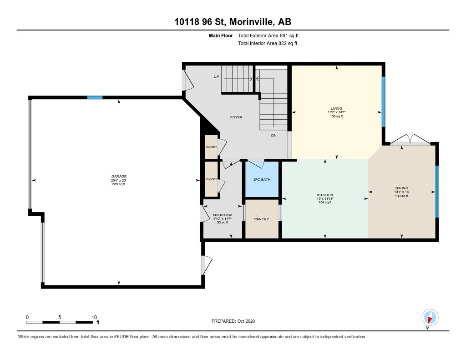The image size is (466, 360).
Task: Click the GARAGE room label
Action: click(x=119, y=176)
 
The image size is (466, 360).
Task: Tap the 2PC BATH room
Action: click(x=262, y=179)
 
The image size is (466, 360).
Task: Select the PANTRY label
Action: click(x=262, y=219)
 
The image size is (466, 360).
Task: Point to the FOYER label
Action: click(x=236, y=117)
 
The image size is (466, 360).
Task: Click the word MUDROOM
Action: click(x=223, y=215)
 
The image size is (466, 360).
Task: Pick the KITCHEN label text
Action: click(x=325, y=195)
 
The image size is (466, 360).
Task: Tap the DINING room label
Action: click(x=402, y=188)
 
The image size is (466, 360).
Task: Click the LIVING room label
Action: click(x=336, y=108)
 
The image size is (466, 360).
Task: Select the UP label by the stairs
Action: click(x=216, y=77)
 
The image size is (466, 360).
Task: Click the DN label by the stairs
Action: click(x=274, y=135)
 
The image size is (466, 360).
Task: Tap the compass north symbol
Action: click(x=430, y=318)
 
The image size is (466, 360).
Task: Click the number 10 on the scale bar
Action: click(x=94, y=317)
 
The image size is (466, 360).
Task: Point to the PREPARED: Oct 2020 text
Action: click(x=233, y=321)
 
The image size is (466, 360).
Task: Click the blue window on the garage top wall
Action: click(x=95, y=97)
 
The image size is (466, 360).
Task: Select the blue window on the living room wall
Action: click(x=383, y=101)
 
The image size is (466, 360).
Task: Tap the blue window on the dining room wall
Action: click(x=437, y=192)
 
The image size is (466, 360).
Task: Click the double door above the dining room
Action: click(x=410, y=140)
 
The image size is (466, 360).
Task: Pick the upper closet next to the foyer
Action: click(x=211, y=147)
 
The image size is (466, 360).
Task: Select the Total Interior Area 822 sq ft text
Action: click(x=268, y=43)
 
